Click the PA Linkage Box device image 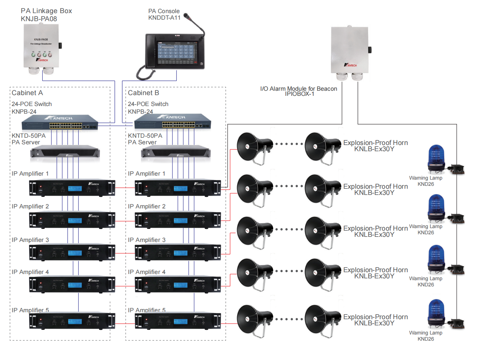41,47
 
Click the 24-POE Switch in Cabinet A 60,123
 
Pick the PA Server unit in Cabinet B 176,153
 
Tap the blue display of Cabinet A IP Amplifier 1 75,188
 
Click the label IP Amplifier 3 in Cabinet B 147,240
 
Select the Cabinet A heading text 27,93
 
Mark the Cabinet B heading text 143,93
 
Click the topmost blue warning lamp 436,157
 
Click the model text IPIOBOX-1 299,94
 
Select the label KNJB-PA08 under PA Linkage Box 39,19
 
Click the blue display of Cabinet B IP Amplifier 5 180,321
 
